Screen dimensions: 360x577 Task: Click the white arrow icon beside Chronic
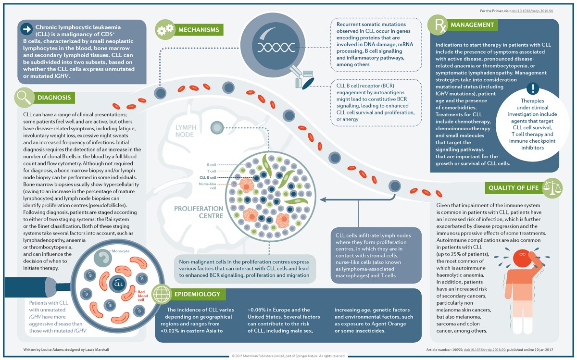click(25, 29)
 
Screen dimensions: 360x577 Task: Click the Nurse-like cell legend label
click(208, 186)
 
